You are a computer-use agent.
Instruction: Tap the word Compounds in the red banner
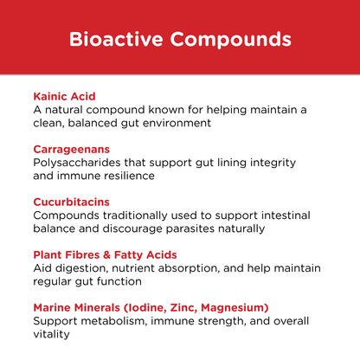231,40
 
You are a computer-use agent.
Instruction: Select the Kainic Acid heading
64,96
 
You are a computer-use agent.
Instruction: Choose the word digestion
87,268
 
